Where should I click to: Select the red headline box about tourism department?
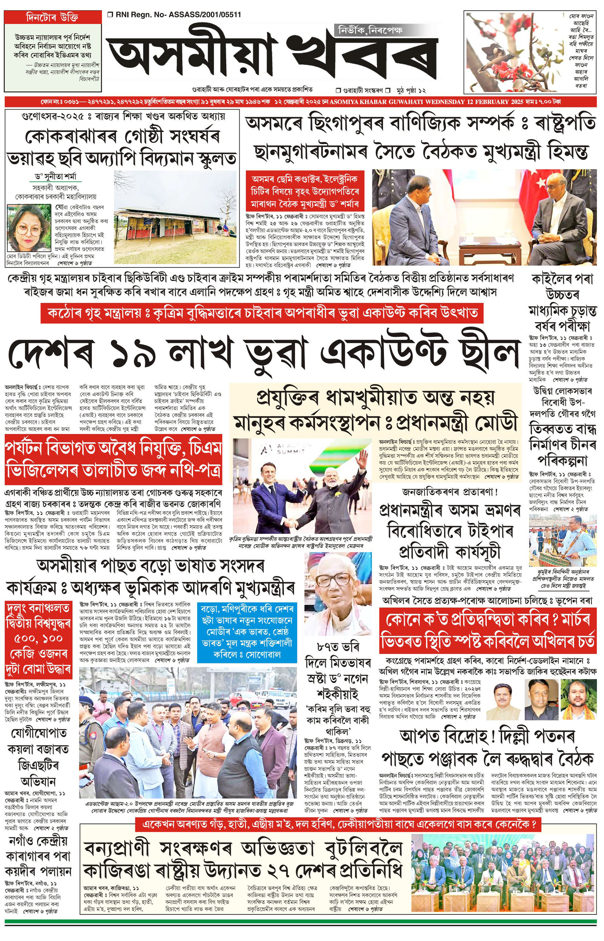113,460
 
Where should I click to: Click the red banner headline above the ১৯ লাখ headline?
262,314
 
